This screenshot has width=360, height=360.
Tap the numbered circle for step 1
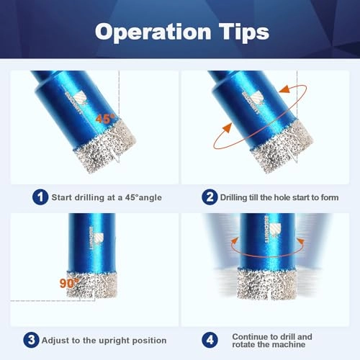[x=42, y=195]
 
